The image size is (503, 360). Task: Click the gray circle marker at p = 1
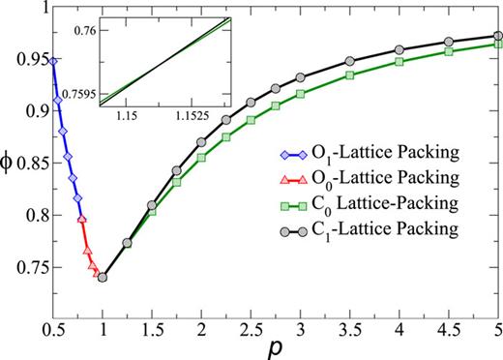[103, 278]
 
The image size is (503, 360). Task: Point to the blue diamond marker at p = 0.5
[53, 61]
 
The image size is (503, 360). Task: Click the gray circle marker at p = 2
[201, 142]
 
